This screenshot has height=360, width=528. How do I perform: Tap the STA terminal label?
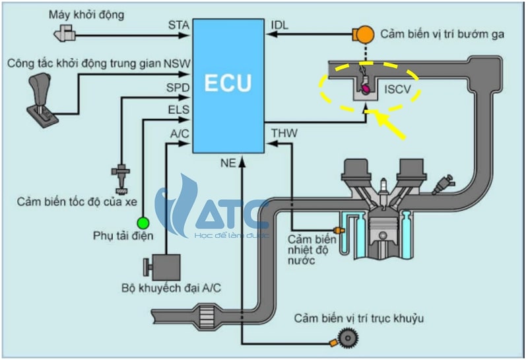click(x=178, y=25)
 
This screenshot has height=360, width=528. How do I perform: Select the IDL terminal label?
click(x=280, y=25)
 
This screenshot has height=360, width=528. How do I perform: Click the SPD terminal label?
click(x=178, y=87)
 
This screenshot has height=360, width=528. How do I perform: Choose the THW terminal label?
click(x=284, y=133)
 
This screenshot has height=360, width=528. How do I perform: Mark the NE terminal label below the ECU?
click(x=228, y=162)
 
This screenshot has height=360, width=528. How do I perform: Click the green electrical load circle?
click(x=143, y=222)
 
